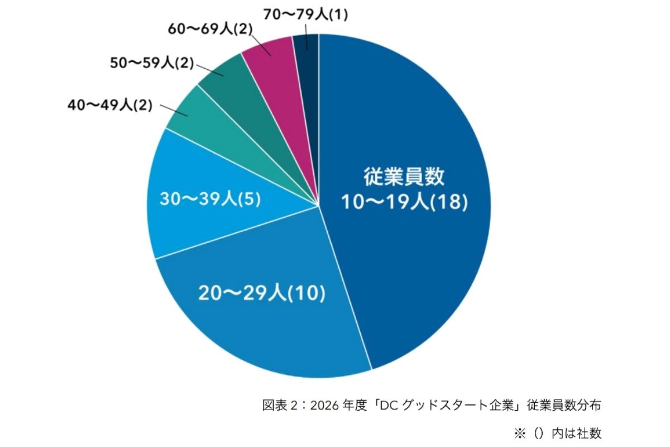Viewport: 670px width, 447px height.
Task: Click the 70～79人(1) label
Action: pos(306,16)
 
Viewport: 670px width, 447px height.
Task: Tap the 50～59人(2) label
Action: pos(151,64)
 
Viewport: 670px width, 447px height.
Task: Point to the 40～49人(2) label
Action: pos(109,105)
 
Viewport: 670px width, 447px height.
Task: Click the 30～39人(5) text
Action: pos(210,199)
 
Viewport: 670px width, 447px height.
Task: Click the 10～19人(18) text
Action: pos(404,202)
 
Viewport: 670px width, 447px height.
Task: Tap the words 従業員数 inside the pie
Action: pos(404,177)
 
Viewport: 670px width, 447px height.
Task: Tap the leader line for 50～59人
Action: pos(209,72)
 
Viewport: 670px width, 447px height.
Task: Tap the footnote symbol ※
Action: pos(520,432)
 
